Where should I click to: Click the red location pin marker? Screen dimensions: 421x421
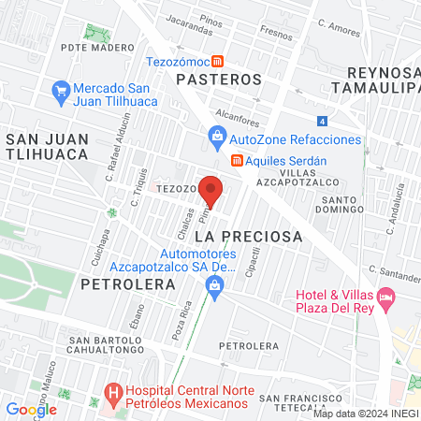pos(211,190)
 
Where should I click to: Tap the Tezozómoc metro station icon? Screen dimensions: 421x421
pos(217,62)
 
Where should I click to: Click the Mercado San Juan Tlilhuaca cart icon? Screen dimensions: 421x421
pos(62,91)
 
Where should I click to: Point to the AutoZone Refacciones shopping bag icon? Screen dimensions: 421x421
pos(217,139)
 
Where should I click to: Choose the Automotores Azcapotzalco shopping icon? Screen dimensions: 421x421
pos(216,296)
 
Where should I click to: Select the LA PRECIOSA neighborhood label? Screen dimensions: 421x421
pos(252,237)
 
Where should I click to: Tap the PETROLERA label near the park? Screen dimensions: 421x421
pos(116,282)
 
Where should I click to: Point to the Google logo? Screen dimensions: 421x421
pos(31,409)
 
